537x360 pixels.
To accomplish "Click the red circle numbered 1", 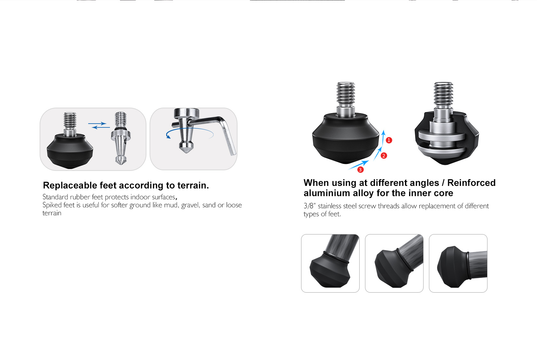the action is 389,140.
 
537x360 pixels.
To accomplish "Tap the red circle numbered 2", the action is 384,156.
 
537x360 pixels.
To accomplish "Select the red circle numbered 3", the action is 360,170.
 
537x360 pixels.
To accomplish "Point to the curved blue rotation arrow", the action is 189,129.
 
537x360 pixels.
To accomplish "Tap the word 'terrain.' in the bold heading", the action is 193,185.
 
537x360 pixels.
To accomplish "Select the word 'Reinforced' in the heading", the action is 471,183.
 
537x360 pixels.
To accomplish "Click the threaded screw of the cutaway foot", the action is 443,94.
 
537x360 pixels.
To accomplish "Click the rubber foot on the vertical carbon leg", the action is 330,271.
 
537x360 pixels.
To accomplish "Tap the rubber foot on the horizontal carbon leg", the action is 453,267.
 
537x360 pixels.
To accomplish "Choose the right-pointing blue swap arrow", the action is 97,123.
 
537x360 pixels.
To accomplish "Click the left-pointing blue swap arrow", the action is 101,127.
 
